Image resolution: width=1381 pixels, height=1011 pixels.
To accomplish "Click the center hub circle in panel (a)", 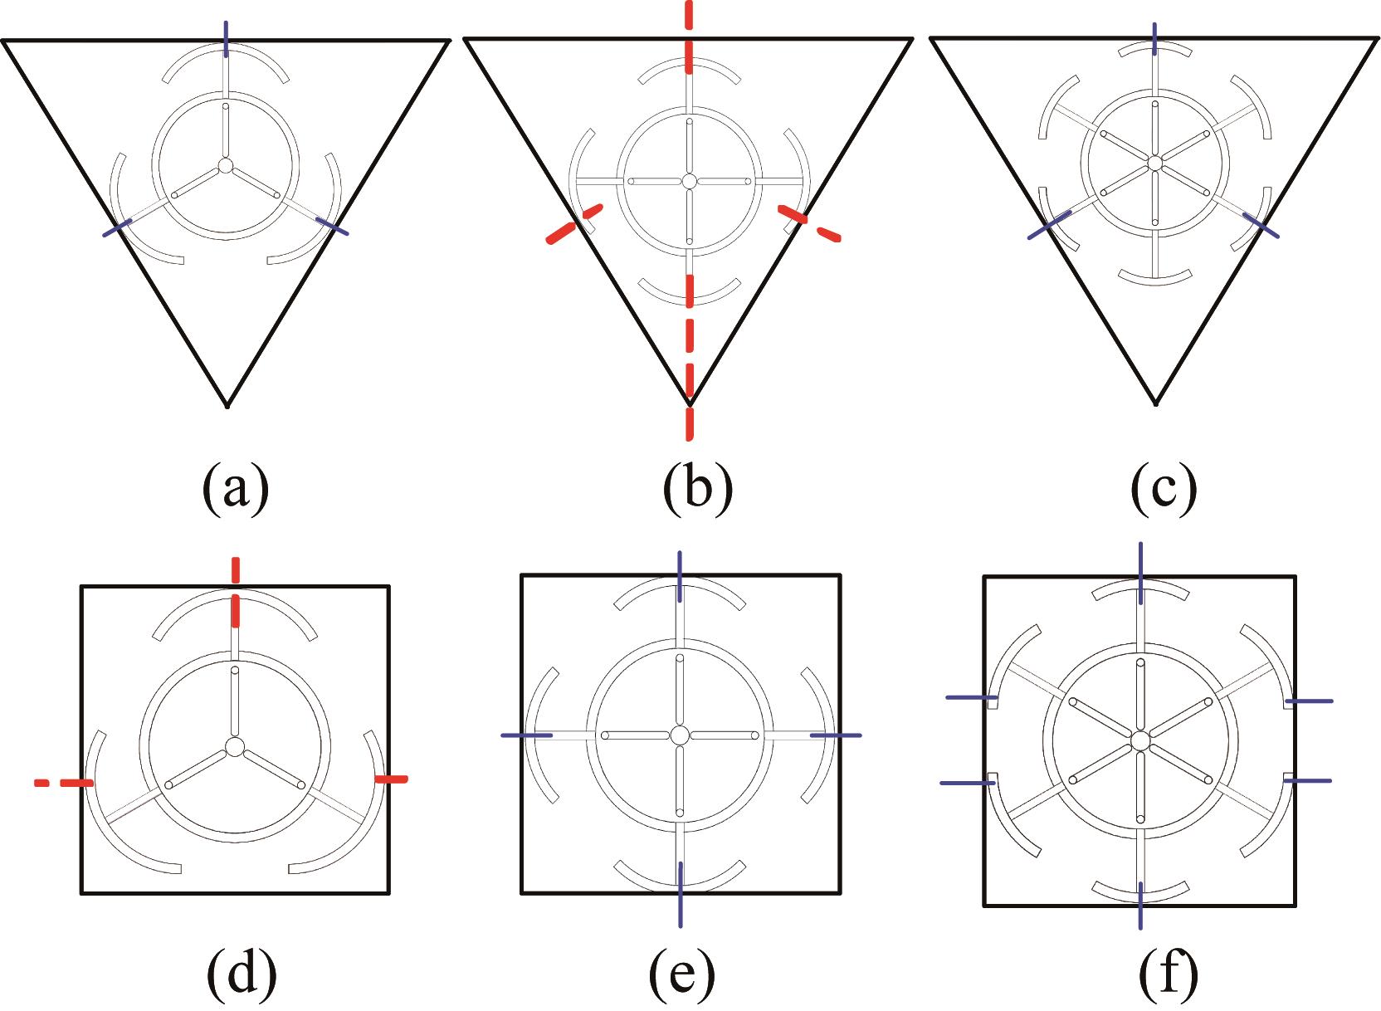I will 225,165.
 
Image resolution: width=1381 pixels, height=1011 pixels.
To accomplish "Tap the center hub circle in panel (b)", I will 689,180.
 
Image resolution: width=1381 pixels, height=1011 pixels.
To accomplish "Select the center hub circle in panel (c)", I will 1154,163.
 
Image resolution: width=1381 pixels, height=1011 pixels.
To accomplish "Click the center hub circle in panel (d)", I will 235,747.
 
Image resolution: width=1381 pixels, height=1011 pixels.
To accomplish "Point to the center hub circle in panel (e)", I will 680,735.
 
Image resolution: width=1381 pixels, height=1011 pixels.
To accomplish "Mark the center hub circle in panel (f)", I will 1140,740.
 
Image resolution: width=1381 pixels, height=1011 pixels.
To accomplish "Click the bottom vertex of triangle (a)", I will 227,405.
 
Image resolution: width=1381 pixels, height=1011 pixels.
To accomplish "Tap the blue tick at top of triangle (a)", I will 226,38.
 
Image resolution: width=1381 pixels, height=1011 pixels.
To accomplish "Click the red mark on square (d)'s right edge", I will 390,779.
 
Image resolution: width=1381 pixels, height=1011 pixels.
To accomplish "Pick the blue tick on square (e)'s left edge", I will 526,735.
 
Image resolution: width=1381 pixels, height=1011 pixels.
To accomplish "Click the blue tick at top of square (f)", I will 1141,574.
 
